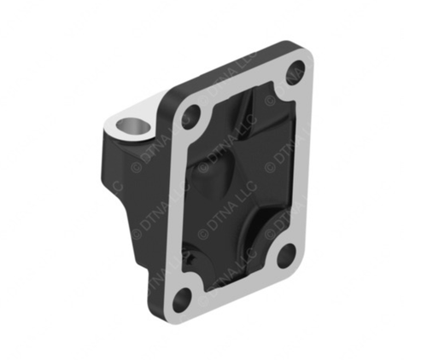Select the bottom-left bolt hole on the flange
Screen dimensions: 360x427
[181, 299]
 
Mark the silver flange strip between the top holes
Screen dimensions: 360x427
[243, 85]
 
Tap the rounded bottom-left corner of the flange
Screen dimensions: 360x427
[171, 311]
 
